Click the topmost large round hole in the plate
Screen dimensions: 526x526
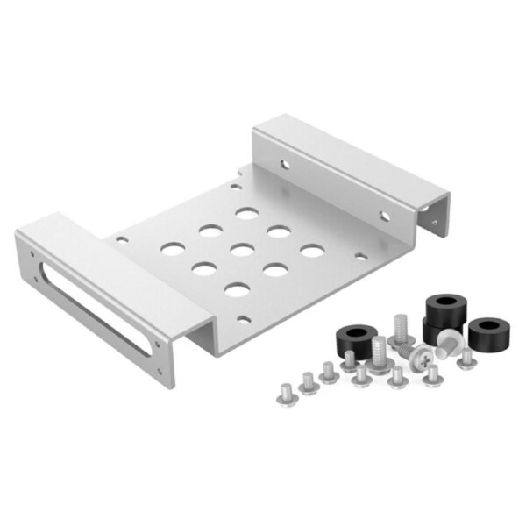(x=246, y=213)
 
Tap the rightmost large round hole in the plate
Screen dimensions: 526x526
(x=312, y=251)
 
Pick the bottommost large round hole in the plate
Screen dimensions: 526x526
(x=235, y=289)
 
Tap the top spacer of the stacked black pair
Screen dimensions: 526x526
(x=444, y=309)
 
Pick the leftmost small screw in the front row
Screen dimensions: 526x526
(x=286, y=390)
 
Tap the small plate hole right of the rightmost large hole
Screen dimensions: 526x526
(x=359, y=257)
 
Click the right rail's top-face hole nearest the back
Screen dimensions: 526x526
(x=284, y=163)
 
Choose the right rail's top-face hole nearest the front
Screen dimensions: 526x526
(x=383, y=216)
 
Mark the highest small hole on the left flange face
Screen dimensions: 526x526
(x=33, y=255)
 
